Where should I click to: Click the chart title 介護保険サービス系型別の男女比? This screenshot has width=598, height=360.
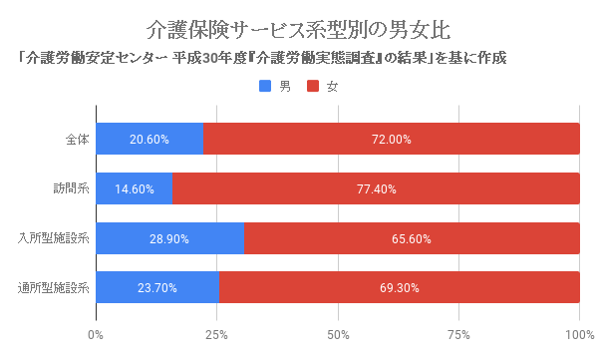tap(298, 27)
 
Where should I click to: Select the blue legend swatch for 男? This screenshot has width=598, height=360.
tap(265, 87)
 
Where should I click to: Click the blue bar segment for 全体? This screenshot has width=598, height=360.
tap(149, 139)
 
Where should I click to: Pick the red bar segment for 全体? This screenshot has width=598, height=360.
tap(392, 139)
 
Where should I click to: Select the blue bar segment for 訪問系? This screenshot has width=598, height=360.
tap(135, 188)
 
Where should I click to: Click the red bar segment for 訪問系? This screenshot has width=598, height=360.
tap(377, 188)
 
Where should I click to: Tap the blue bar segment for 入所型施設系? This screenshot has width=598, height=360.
tap(170, 238)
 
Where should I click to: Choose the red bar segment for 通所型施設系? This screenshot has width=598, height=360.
tap(400, 288)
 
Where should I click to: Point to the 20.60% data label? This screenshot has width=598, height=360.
tap(149, 140)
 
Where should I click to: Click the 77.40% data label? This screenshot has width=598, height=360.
tap(377, 189)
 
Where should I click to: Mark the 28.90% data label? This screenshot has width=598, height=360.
tap(169, 239)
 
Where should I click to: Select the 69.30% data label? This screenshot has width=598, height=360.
tap(399, 289)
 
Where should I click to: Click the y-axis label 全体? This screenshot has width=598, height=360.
tap(77, 139)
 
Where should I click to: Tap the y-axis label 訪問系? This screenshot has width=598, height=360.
tap(71, 188)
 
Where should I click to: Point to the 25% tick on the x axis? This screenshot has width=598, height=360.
tap(216, 333)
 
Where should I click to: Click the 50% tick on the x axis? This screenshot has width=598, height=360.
tap(338, 333)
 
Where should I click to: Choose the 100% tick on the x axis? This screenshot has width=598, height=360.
tap(579, 333)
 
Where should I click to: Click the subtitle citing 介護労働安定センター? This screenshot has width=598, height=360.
tap(261, 58)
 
